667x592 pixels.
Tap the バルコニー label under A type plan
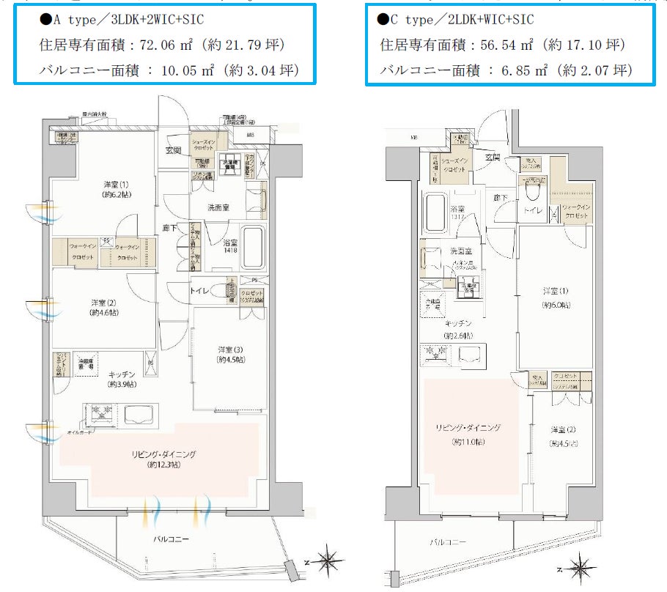click(x=171, y=540)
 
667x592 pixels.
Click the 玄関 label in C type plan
click(x=492, y=157)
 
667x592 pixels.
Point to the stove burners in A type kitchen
click(x=101, y=413)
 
